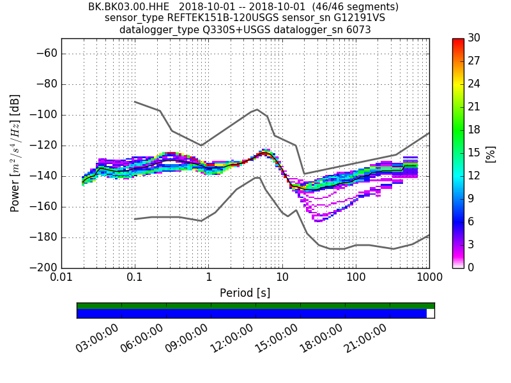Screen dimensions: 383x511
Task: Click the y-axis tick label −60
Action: point(47,54)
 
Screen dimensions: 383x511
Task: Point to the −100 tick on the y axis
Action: point(44,115)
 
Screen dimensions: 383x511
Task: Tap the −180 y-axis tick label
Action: point(44,237)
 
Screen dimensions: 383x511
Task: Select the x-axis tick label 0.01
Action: point(61,279)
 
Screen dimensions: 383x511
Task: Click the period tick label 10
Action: point(282,279)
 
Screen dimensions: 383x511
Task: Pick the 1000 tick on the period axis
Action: point(429,279)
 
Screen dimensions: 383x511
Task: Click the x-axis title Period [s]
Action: point(245,293)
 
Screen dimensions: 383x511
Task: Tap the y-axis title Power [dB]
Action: point(15,153)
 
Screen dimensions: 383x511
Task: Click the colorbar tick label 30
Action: point(475,38)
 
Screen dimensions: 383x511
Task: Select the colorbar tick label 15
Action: point(475,153)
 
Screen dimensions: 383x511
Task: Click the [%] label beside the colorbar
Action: point(491,153)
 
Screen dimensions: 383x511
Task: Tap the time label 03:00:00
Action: point(97,338)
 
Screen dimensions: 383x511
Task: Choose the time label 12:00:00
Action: point(231,338)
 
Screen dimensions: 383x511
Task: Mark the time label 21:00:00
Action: point(365,338)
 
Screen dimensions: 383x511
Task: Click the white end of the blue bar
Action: point(431,313)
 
